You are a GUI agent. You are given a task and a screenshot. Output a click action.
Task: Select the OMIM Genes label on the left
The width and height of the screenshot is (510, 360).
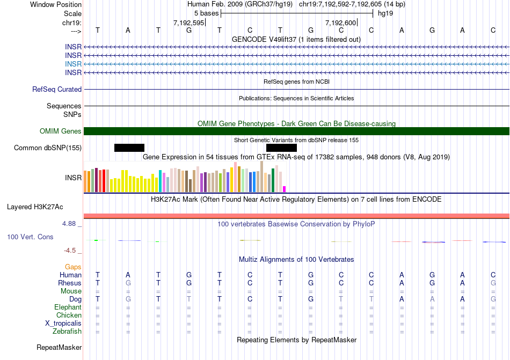click(x=61, y=131)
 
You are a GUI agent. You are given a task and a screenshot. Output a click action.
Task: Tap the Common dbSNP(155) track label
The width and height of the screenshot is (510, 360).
click(x=48, y=148)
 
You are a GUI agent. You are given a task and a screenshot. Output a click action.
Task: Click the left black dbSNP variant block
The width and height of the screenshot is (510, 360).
click(x=129, y=148)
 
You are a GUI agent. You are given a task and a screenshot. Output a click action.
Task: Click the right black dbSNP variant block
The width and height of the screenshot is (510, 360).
click(x=281, y=148)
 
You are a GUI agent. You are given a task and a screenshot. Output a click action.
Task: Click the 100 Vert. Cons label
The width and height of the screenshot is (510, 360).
click(x=30, y=237)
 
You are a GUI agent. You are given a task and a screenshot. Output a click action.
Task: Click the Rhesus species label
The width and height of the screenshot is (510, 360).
click(x=70, y=283)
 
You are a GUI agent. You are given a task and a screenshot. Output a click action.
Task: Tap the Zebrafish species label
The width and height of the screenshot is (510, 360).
click(x=68, y=332)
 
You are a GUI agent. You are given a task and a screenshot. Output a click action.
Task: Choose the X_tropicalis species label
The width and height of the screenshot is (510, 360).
click(x=63, y=324)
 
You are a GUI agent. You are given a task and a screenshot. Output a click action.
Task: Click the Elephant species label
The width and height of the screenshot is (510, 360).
click(x=68, y=307)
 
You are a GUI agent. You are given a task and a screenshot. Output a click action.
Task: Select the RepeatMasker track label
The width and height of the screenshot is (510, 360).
click(x=59, y=348)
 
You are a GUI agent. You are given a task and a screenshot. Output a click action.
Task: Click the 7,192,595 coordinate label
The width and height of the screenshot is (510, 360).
click(x=188, y=23)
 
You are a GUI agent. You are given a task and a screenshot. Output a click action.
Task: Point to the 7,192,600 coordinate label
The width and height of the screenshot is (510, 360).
click(x=340, y=23)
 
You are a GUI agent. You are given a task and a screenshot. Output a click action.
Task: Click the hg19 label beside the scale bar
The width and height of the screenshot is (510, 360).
click(x=385, y=13)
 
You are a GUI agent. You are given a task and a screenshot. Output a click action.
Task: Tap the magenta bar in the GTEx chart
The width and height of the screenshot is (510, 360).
click(x=285, y=188)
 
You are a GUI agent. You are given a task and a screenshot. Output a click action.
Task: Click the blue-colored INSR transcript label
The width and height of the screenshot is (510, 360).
click(x=73, y=64)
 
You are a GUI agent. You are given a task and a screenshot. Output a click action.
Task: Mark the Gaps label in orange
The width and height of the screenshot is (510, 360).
click(x=73, y=267)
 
